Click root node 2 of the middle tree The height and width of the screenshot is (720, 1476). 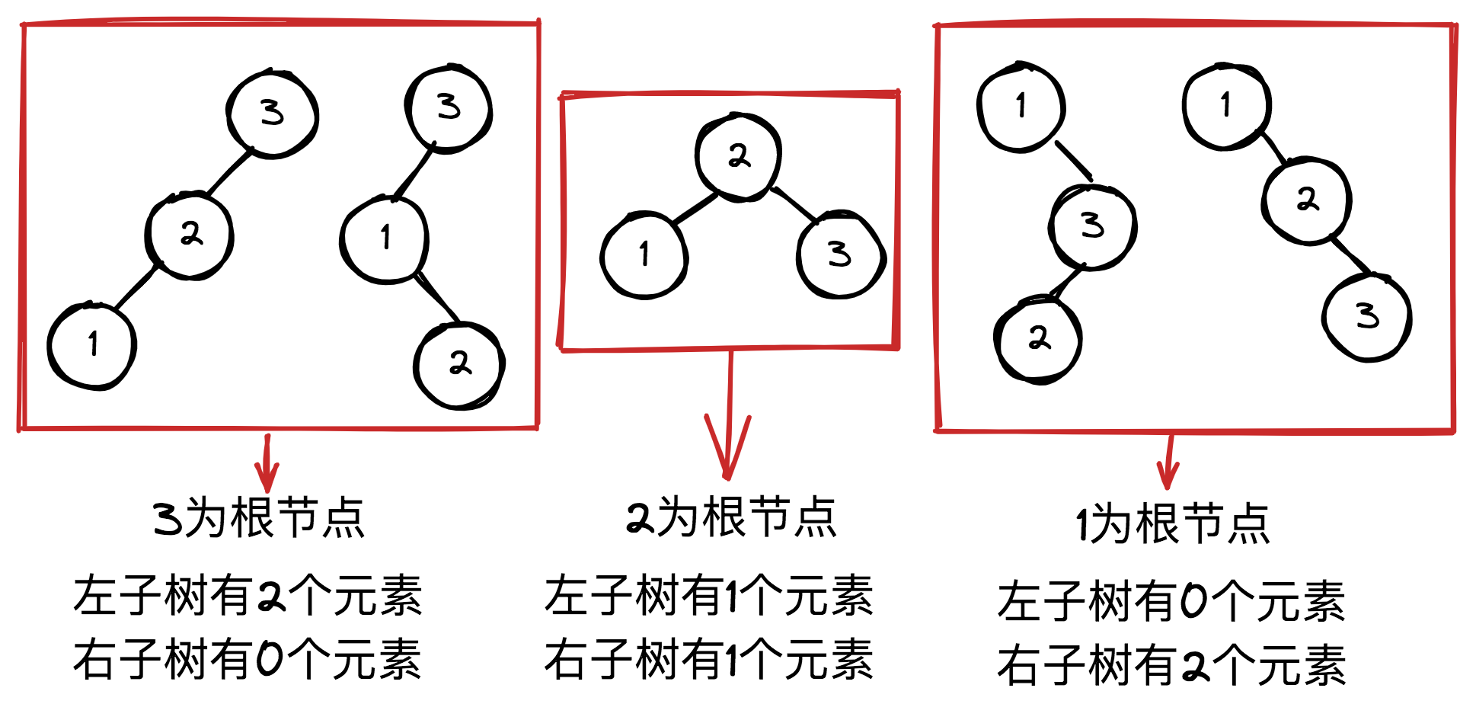pos(738,157)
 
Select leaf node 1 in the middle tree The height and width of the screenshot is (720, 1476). pos(644,254)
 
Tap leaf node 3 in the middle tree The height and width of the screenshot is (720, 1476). pos(840,254)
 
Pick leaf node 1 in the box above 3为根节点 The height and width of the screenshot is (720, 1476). pos(92,345)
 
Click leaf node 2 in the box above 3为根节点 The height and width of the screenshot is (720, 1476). pos(459,365)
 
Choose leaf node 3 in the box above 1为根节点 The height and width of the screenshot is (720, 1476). pos(1367,316)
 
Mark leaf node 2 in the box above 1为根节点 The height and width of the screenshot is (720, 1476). pos(1038,339)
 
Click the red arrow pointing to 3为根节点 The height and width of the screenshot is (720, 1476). pos(267,465)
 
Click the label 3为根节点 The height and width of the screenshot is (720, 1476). pos(259,518)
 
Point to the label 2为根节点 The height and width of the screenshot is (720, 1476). pos(731,518)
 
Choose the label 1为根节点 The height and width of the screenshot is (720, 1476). pos(1173,524)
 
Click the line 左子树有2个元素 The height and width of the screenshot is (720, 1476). pos(248,595)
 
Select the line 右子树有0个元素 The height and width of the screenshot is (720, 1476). pos(248,658)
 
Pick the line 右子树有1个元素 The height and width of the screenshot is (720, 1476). pos(708,659)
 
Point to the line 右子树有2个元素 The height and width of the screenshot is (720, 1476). pos(1171,665)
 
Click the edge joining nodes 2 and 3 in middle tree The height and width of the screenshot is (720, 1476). pos(794,203)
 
